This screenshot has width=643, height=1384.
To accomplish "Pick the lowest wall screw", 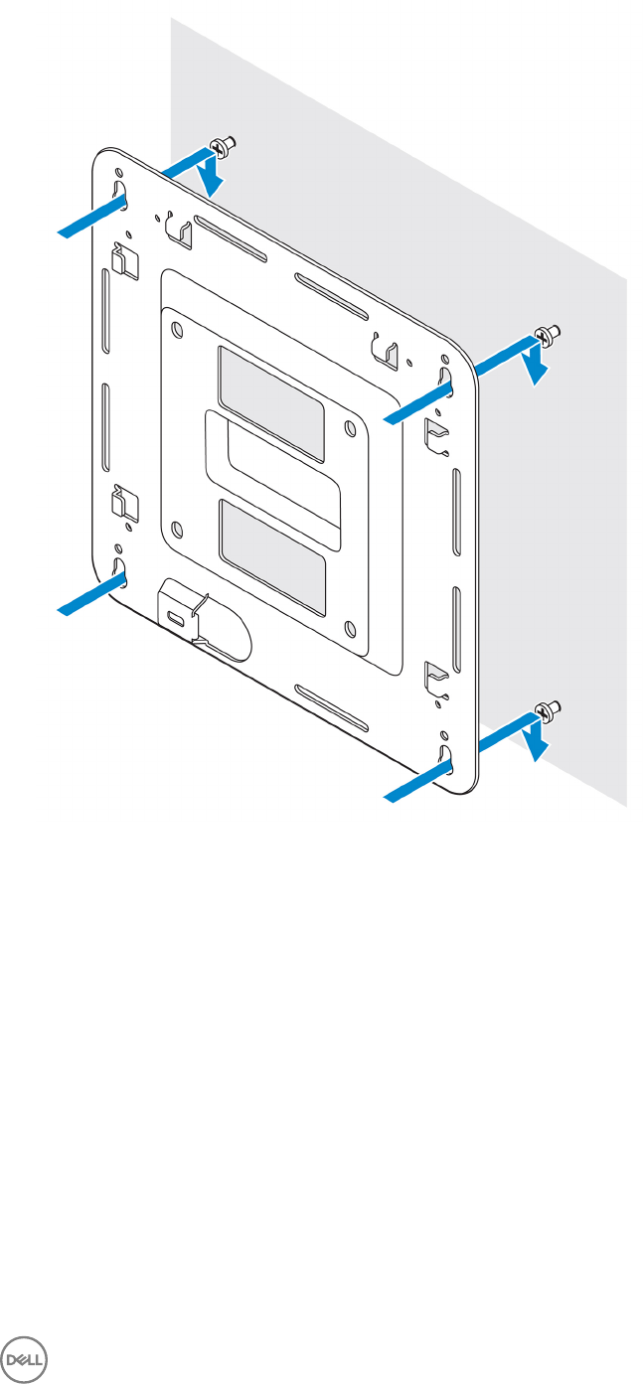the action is [548, 708].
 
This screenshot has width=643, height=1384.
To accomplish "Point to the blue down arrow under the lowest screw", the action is [536, 741].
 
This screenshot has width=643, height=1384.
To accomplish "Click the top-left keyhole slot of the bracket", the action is [120, 190].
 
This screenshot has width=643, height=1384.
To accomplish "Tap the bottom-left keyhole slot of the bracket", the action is [120, 570].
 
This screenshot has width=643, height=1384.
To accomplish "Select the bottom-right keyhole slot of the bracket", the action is [445, 759].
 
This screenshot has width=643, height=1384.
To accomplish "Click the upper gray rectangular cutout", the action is [271, 401].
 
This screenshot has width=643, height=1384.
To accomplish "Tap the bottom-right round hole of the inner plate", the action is [350, 629].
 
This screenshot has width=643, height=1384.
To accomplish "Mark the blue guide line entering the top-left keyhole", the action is [91, 218].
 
